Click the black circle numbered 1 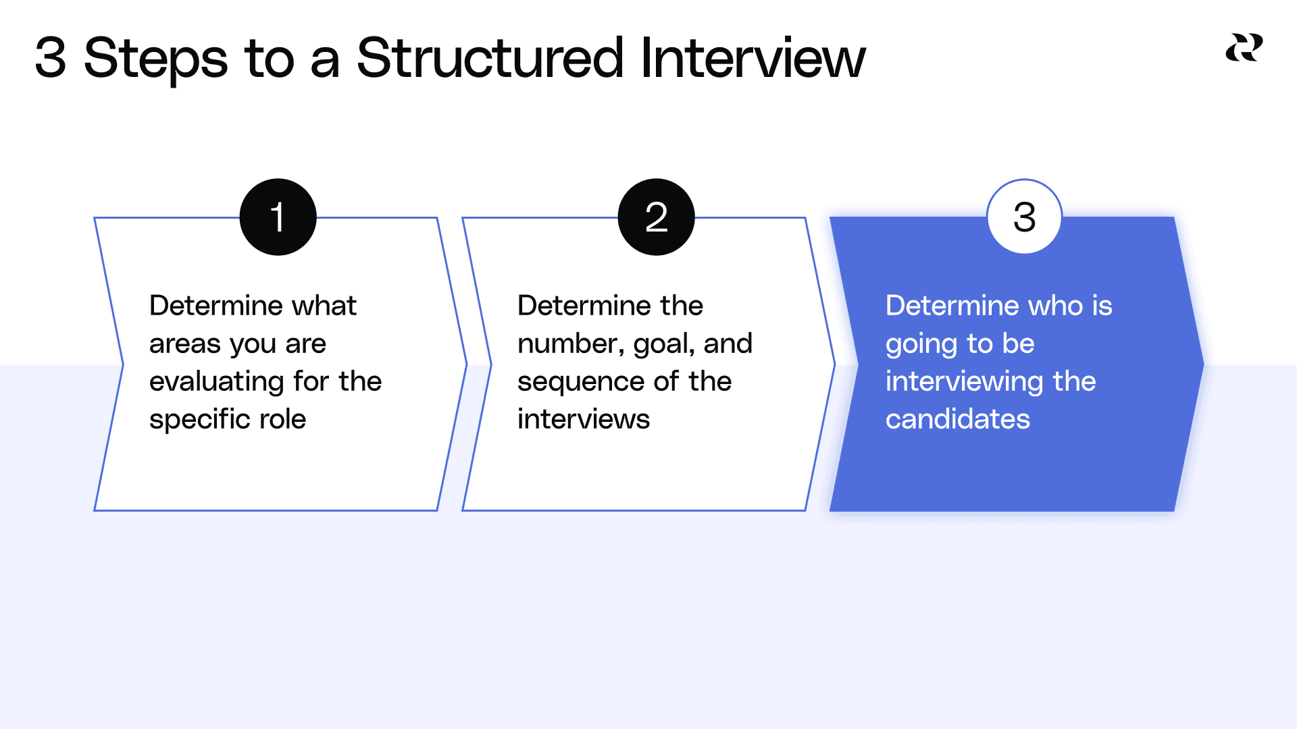pos(278,217)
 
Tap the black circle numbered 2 pos(656,217)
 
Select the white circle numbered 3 pos(1024,217)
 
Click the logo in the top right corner pos(1244,48)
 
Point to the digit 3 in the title pos(51,58)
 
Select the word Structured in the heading pos(490,58)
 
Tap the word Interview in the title pos(753,58)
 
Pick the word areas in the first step pos(184,344)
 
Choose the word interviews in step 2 pos(584,419)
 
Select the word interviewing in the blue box pos(964,382)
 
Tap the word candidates pos(957,419)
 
